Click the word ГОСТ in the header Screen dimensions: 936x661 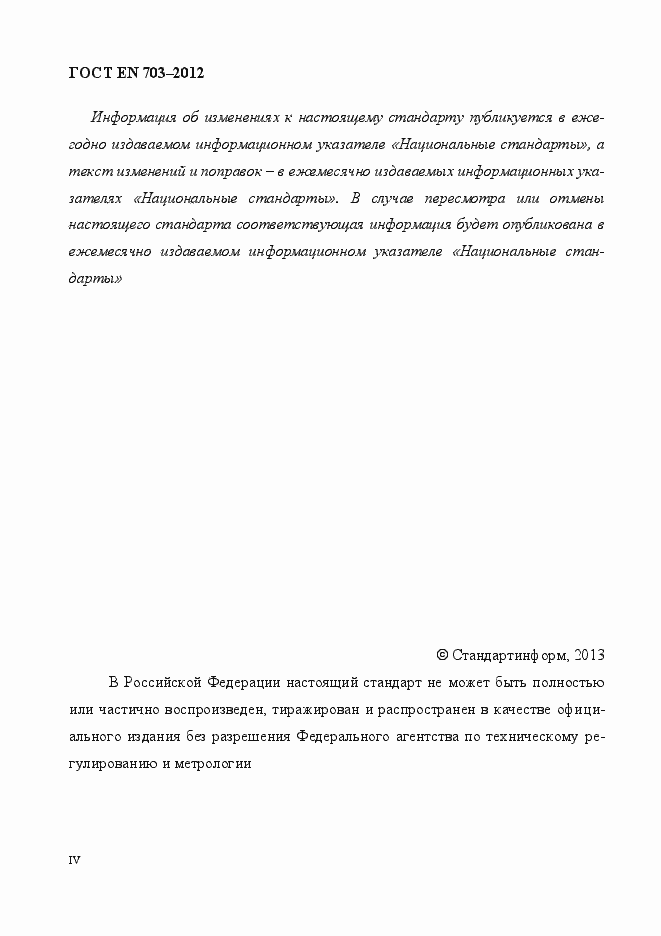[87, 73]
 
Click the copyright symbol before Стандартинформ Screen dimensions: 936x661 [442, 656]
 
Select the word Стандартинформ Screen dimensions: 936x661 [509, 656]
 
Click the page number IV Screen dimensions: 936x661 [74, 860]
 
